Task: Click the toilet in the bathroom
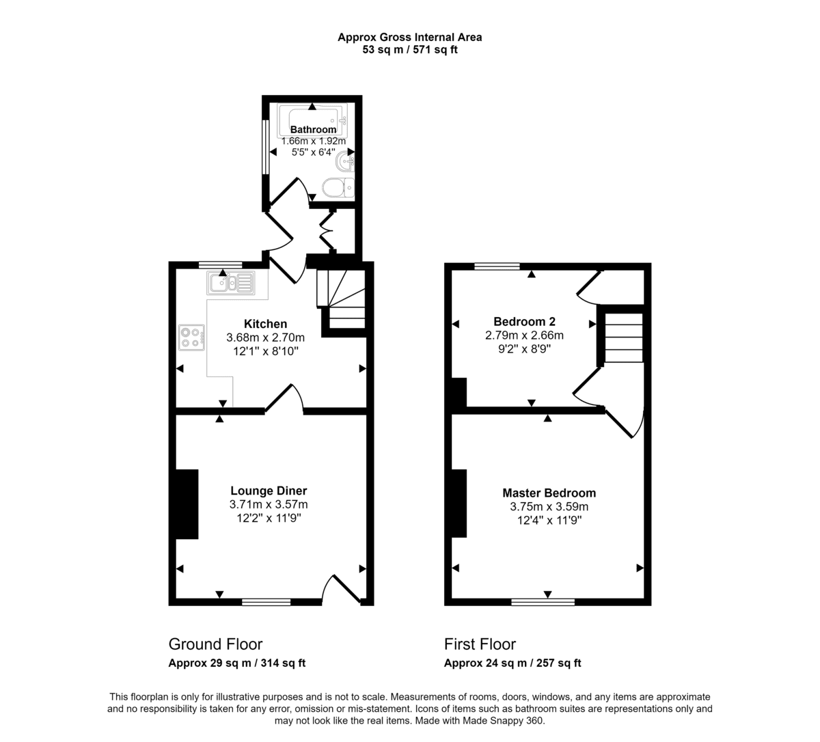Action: point(338,188)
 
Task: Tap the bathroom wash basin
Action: point(345,161)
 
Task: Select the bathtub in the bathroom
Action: point(312,121)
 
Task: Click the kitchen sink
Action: point(231,282)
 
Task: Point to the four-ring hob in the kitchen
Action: point(191,338)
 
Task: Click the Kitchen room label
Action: point(265,324)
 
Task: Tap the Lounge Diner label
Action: point(269,491)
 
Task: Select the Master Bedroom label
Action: point(549,493)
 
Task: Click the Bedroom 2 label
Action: point(524,321)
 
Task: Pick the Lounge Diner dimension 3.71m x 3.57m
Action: point(269,504)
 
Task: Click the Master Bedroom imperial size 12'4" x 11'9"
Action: point(549,521)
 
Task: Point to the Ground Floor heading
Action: point(215,644)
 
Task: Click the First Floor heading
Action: point(480,644)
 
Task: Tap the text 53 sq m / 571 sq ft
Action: point(410,50)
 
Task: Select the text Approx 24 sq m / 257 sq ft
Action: point(512,663)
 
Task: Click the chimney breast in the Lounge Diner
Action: point(187,504)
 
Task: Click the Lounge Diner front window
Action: point(266,602)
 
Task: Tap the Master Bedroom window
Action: point(543,602)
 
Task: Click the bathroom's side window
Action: point(266,147)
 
